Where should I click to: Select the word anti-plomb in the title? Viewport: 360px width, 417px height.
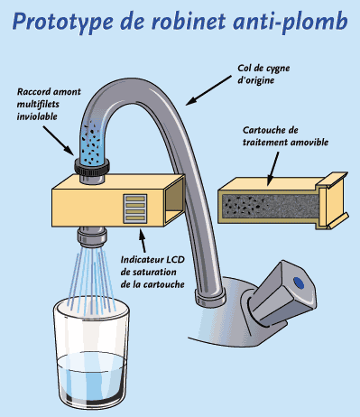(291, 23)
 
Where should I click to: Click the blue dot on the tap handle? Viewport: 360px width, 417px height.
(299, 283)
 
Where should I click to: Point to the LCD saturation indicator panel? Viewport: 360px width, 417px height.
(135, 208)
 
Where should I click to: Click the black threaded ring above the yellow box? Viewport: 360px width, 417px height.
(92, 167)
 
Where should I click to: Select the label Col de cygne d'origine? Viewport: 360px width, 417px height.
(263, 74)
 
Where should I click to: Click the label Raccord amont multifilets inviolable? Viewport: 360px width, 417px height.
(49, 104)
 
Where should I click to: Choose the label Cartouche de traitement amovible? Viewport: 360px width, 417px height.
(285, 136)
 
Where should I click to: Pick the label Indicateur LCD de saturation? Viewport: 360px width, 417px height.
(152, 272)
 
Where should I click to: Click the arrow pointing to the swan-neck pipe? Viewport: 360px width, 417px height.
(208, 90)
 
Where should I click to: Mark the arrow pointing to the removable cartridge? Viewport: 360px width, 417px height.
(272, 169)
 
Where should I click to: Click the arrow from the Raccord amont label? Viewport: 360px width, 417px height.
(58, 141)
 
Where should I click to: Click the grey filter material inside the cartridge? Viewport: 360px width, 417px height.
(270, 207)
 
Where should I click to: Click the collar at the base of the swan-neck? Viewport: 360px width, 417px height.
(210, 297)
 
